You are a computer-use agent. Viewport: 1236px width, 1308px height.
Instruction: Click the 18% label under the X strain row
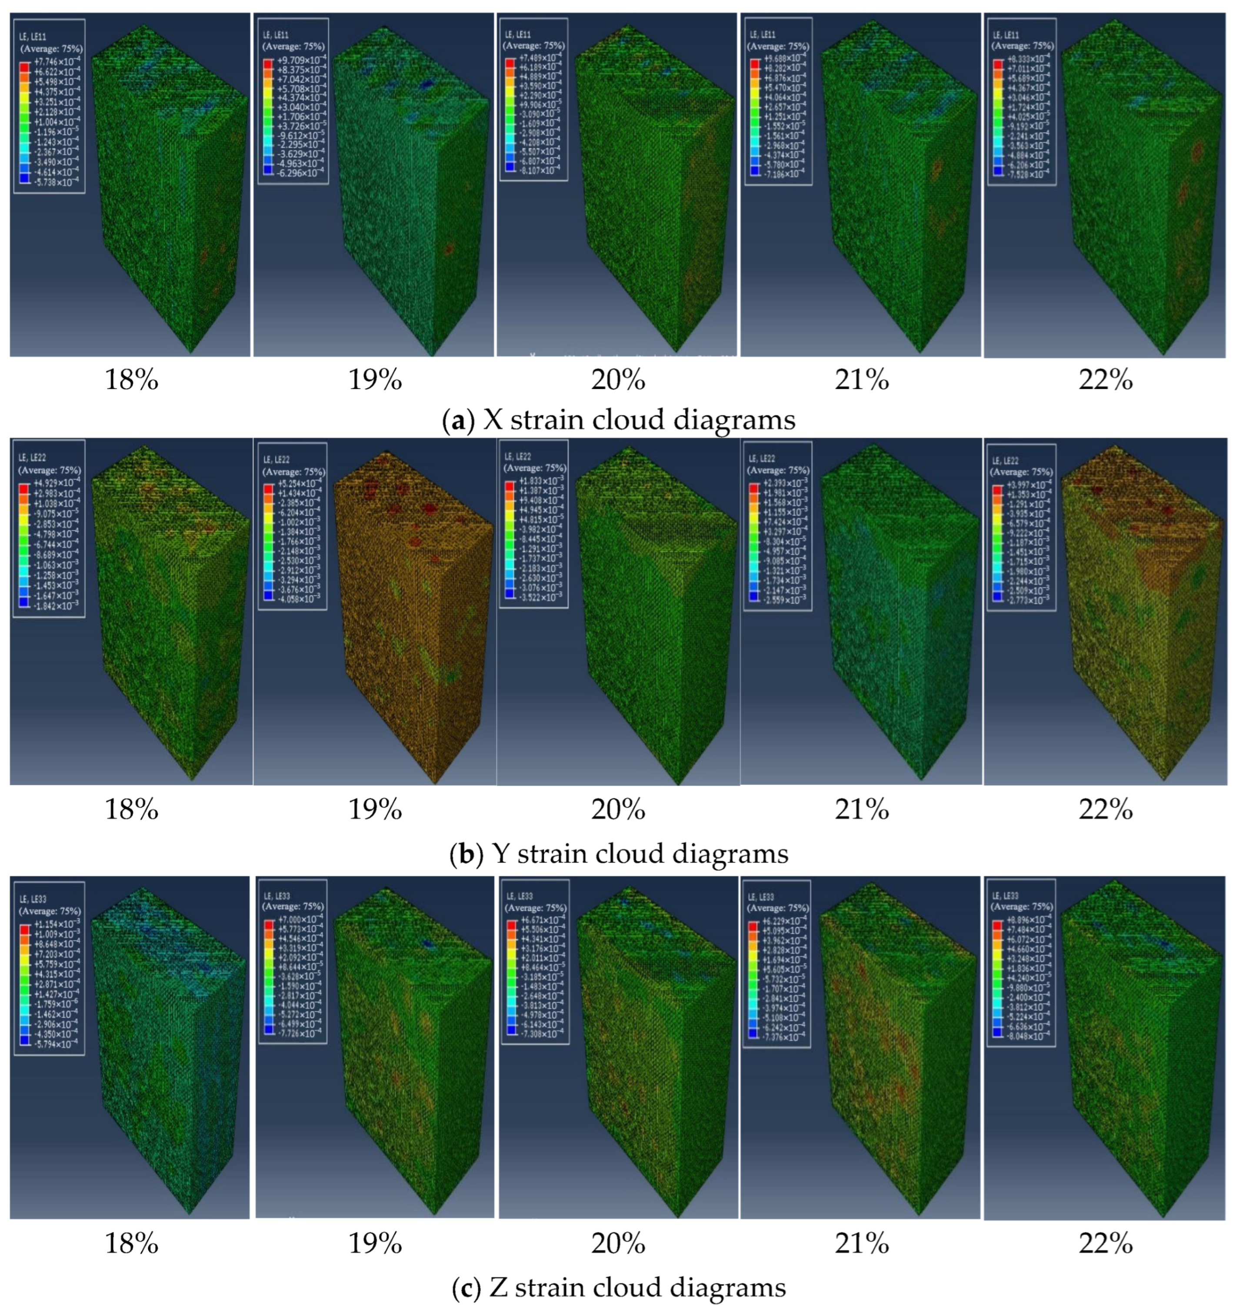(x=131, y=381)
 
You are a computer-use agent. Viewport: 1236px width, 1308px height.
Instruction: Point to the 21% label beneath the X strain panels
(x=861, y=381)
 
